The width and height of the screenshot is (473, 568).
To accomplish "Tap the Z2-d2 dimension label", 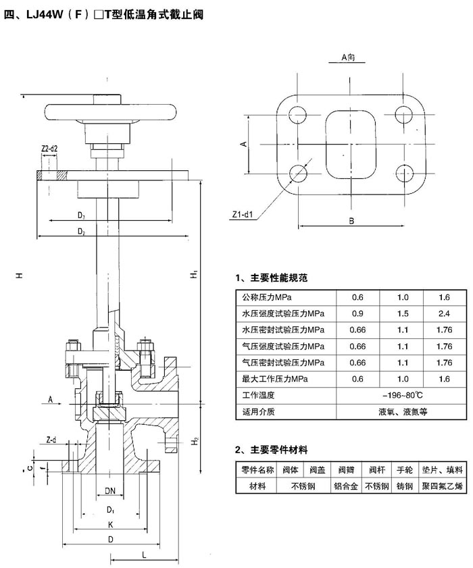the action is click(49, 149).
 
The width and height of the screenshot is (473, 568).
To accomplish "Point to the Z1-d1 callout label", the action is click(243, 215).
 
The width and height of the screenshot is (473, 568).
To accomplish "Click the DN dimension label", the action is click(110, 491).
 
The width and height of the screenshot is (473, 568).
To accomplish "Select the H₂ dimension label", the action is click(195, 441).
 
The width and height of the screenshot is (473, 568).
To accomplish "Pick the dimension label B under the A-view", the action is click(351, 221).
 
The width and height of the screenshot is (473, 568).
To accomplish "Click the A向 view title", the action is click(348, 57).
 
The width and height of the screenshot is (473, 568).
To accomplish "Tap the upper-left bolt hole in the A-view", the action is click(297, 115).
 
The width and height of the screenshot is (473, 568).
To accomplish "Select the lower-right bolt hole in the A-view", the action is click(404, 174).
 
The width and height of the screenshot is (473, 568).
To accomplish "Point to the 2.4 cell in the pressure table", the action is click(445, 313).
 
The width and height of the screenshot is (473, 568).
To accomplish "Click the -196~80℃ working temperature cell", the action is click(402, 395).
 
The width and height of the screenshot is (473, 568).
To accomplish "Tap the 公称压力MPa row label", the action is click(267, 297).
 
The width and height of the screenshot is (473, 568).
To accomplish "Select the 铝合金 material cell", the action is click(346, 486).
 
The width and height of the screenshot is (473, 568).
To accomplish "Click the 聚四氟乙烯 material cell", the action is click(442, 486).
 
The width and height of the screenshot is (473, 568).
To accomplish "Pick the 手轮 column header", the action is click(405, 470).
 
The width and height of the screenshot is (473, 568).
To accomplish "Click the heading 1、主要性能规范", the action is click(271, 278).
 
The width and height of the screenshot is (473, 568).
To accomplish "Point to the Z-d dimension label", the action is click(51, 440).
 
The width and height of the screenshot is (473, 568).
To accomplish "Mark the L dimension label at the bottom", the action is click(144, 554).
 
